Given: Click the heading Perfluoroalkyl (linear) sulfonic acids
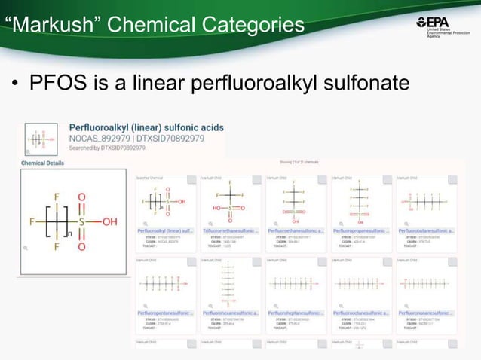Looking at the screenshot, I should click(x=146, y=128).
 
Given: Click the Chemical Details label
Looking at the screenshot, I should click(x=42, y=163).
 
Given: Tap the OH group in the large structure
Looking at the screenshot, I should click(x=110, y=222).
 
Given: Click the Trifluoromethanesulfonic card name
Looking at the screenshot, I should click(x=230, y=230).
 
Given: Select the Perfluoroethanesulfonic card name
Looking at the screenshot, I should click(x=296, y=230).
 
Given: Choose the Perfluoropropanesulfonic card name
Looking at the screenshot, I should click(x=361, y=230).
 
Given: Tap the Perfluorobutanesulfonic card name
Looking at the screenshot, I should click(x=427, y=230).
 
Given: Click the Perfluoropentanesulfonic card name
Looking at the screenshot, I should click(x=165, y=312).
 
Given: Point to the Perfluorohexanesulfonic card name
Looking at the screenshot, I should click(x=230, y=312).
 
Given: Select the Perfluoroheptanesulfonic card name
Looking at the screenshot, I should click(x=296, y=312).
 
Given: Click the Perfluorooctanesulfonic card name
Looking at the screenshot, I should click(x=361, y=312).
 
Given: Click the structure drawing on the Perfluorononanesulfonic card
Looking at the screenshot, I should click(x=427, y=285).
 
